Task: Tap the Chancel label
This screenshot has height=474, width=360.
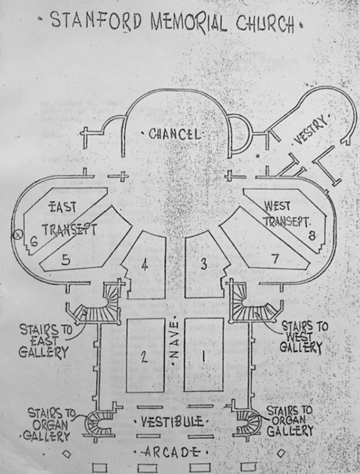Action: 175,134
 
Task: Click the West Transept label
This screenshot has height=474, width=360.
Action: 287,213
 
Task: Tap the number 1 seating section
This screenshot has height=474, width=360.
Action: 203,355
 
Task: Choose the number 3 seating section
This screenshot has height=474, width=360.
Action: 203,265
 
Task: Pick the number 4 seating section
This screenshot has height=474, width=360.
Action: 144,265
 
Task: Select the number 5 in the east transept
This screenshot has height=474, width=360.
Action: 66,260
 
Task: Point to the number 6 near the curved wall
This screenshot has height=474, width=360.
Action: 34,242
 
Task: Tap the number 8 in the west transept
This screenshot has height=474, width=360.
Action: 311,235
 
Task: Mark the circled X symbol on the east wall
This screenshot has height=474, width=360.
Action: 17,235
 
